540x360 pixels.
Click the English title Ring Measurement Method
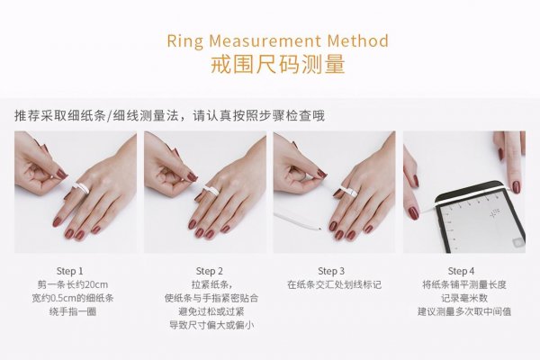277,41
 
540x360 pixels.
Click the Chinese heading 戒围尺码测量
277,66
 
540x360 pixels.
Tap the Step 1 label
69,271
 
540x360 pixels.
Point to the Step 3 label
334,271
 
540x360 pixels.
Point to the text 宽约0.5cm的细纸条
69,298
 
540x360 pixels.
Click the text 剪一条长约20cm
69,284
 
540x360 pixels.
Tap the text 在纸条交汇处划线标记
334,284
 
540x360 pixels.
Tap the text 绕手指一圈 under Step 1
69,311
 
